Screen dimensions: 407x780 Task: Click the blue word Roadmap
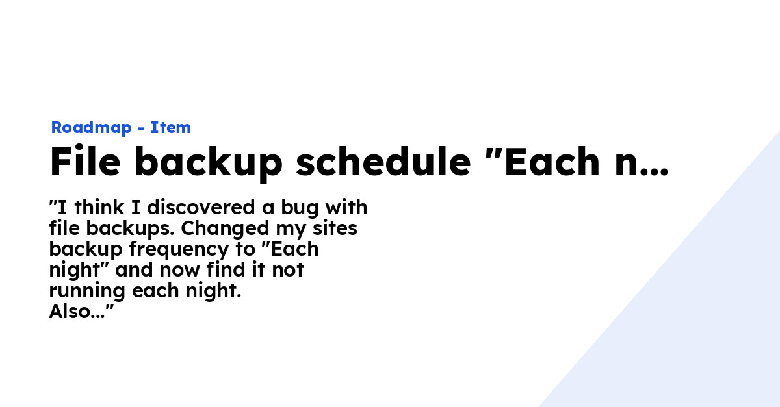[x=91, y=128]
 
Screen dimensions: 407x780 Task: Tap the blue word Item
[x=171, y=128]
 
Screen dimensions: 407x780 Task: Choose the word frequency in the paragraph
[x=180, y=251]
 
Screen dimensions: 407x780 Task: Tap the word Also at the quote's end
[x=70, y=312]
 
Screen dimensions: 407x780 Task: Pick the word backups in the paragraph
[x=129, y=229]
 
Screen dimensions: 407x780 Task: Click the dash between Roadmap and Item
[x=141, y=129]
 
